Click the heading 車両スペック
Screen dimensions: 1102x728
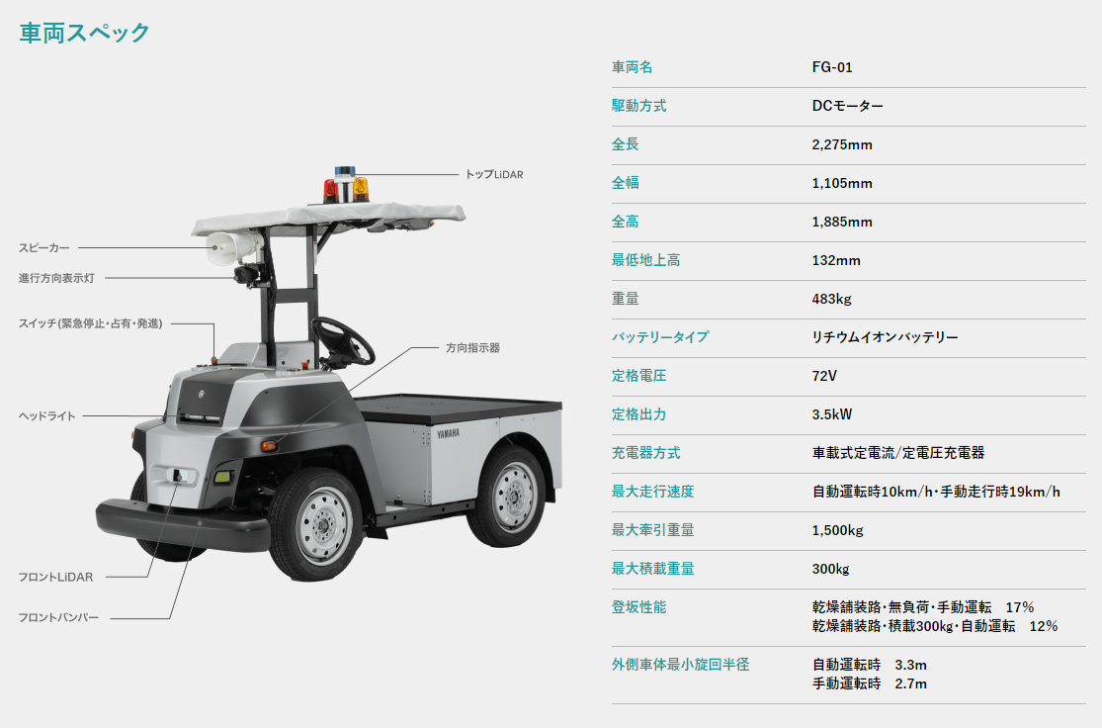tap(84, 33)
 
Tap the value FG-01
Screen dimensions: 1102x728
tap(832, 67)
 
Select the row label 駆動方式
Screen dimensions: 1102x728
tap(638, 106)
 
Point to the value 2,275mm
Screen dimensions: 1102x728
tap(842, 144)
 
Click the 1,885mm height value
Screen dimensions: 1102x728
tap(842, 223)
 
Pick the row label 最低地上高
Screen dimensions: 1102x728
tap(645, 260)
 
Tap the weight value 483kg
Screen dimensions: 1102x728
tap(831, 299)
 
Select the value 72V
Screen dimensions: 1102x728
tap(824, 376)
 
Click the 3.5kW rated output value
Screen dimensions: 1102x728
tap(832, 415)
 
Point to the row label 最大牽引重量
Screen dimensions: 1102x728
tap(653, 530)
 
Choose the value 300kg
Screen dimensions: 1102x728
tap(831, 569)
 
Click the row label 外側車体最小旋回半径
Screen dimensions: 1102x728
tap(680, 665)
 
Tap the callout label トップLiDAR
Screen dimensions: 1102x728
tap(494, 174)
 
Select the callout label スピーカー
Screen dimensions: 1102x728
tap(44, 247)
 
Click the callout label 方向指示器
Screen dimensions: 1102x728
tap(472, 347)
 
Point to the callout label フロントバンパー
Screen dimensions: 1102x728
tap(58, 617)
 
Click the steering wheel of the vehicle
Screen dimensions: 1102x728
tap(342, 341)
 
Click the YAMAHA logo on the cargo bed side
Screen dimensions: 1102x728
tap(449, 434)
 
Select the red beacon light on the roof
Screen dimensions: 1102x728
tap(330, 191)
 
